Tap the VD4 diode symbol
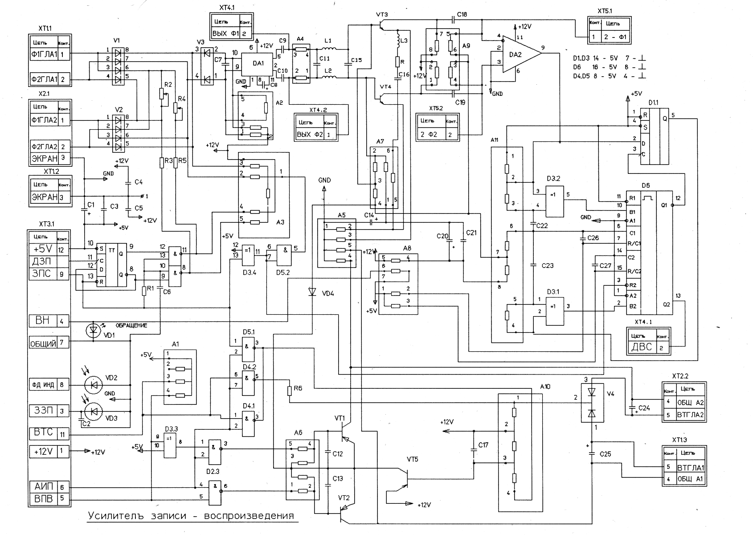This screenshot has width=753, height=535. click(312, 292)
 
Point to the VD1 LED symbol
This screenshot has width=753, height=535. click(93, 330)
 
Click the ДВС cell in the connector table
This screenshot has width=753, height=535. click(642, 347)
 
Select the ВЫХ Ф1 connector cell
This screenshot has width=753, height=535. click(226, 33)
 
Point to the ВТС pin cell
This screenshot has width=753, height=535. click(43, 432)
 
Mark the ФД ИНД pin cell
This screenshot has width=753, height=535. click(43, 384)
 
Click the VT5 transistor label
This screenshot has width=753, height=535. click(413, 459)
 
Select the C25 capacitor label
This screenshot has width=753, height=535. click(605, 454)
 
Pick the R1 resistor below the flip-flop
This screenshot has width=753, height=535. click(144, 291)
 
